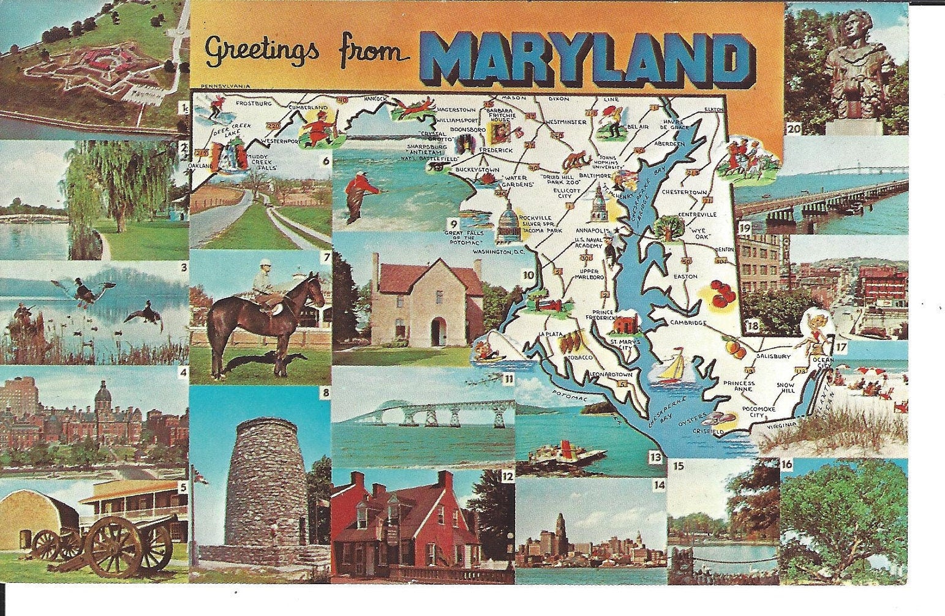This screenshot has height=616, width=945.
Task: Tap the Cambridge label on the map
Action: tap(688, 323)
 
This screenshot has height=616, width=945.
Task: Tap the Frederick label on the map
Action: tap(495, 149)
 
